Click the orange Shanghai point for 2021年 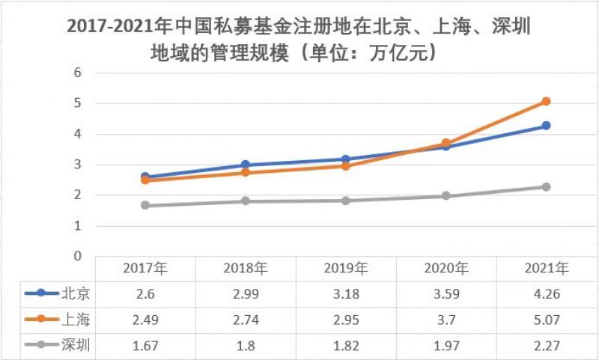tap(546, 101)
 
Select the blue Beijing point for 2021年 tap(546, 126)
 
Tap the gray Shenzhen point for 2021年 tap(546, 186)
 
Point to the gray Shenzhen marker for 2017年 tap(145, 205)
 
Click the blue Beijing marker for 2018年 tap(245, 165)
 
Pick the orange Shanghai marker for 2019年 tap(345, 165)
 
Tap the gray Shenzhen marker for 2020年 tap(446, 196)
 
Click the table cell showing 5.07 tap(546, 320)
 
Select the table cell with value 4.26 tap(546, 294)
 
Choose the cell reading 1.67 tap(145, 346)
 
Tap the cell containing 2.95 tap(345, 320)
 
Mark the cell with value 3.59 tap(446, 294)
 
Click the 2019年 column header tap(345, 269)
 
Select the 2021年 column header tap(546, 269)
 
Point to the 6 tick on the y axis tap(76, 73)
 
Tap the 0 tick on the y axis tap(76, 256)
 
